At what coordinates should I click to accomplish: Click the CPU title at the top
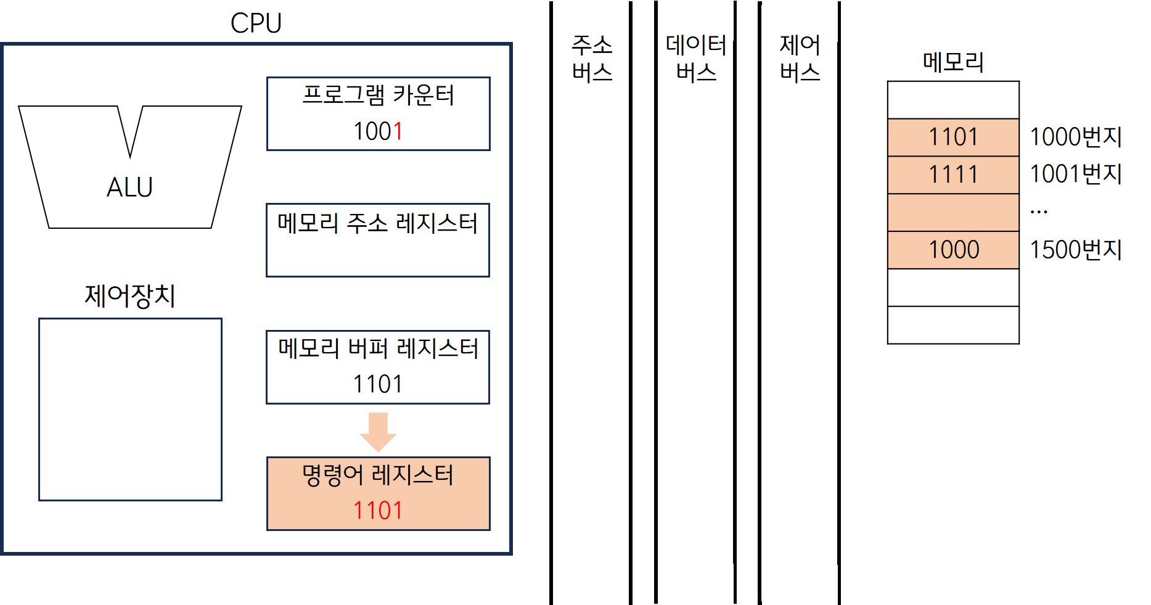click(x=256, y=23)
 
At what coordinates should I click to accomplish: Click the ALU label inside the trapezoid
click(x=129, y=187)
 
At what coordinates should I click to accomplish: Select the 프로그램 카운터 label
click(x=378, y=96)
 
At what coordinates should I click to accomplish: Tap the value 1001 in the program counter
click(x=378, y=131)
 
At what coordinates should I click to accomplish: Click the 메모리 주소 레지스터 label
click(x=377, y=223)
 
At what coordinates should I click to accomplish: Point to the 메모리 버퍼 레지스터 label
click(x=378, y=349)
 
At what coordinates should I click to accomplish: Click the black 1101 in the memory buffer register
click(x=378, y=384)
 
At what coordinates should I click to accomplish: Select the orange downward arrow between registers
click(x=378, y=431)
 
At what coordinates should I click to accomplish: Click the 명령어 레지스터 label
click(x=378, y=475)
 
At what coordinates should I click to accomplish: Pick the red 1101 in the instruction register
click(x=378, y=511)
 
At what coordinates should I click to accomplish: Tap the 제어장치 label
click(x=130, y=296)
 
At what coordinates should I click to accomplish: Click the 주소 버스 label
click(x=592, y=59)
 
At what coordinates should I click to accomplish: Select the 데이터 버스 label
click(x=696, y=59)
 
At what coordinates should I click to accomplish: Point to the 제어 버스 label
click(x=800, y=59)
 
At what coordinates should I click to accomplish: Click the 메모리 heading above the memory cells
click(x=953, y=62)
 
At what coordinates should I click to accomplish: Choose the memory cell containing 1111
click(x=953, y=175)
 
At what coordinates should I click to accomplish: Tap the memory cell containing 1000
click(x=953, y=250)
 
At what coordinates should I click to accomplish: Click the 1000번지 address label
click(x=1076, y=137)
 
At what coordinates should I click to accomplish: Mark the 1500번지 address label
click(x=1076, y=250)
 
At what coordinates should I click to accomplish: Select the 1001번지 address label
click(x=1076, y=175)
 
